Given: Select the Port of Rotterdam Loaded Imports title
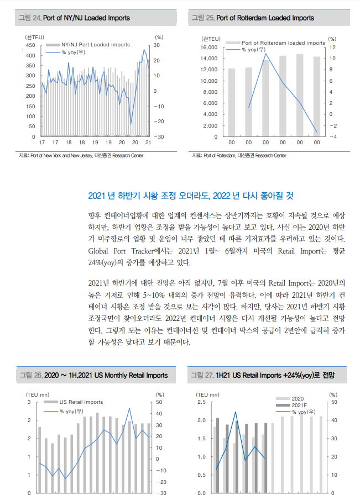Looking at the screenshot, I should click(265, 18).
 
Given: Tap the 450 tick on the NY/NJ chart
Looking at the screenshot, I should click(30, 45).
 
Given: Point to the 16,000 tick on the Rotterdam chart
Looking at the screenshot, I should click(209, 48).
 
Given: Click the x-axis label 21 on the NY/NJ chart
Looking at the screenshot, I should click(148, 143).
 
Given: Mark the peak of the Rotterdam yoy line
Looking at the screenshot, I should click(265, 54).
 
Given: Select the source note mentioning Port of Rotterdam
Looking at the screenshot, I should click(239, 156).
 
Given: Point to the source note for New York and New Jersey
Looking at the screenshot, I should click(81, 156).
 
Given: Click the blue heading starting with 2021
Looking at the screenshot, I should click(191, 196).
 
